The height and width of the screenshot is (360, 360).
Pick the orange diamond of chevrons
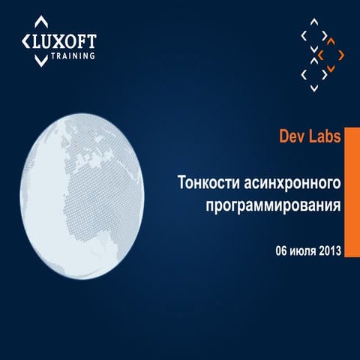click(x=330, y=55)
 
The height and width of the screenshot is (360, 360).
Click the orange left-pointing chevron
click(x=320, y=55)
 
